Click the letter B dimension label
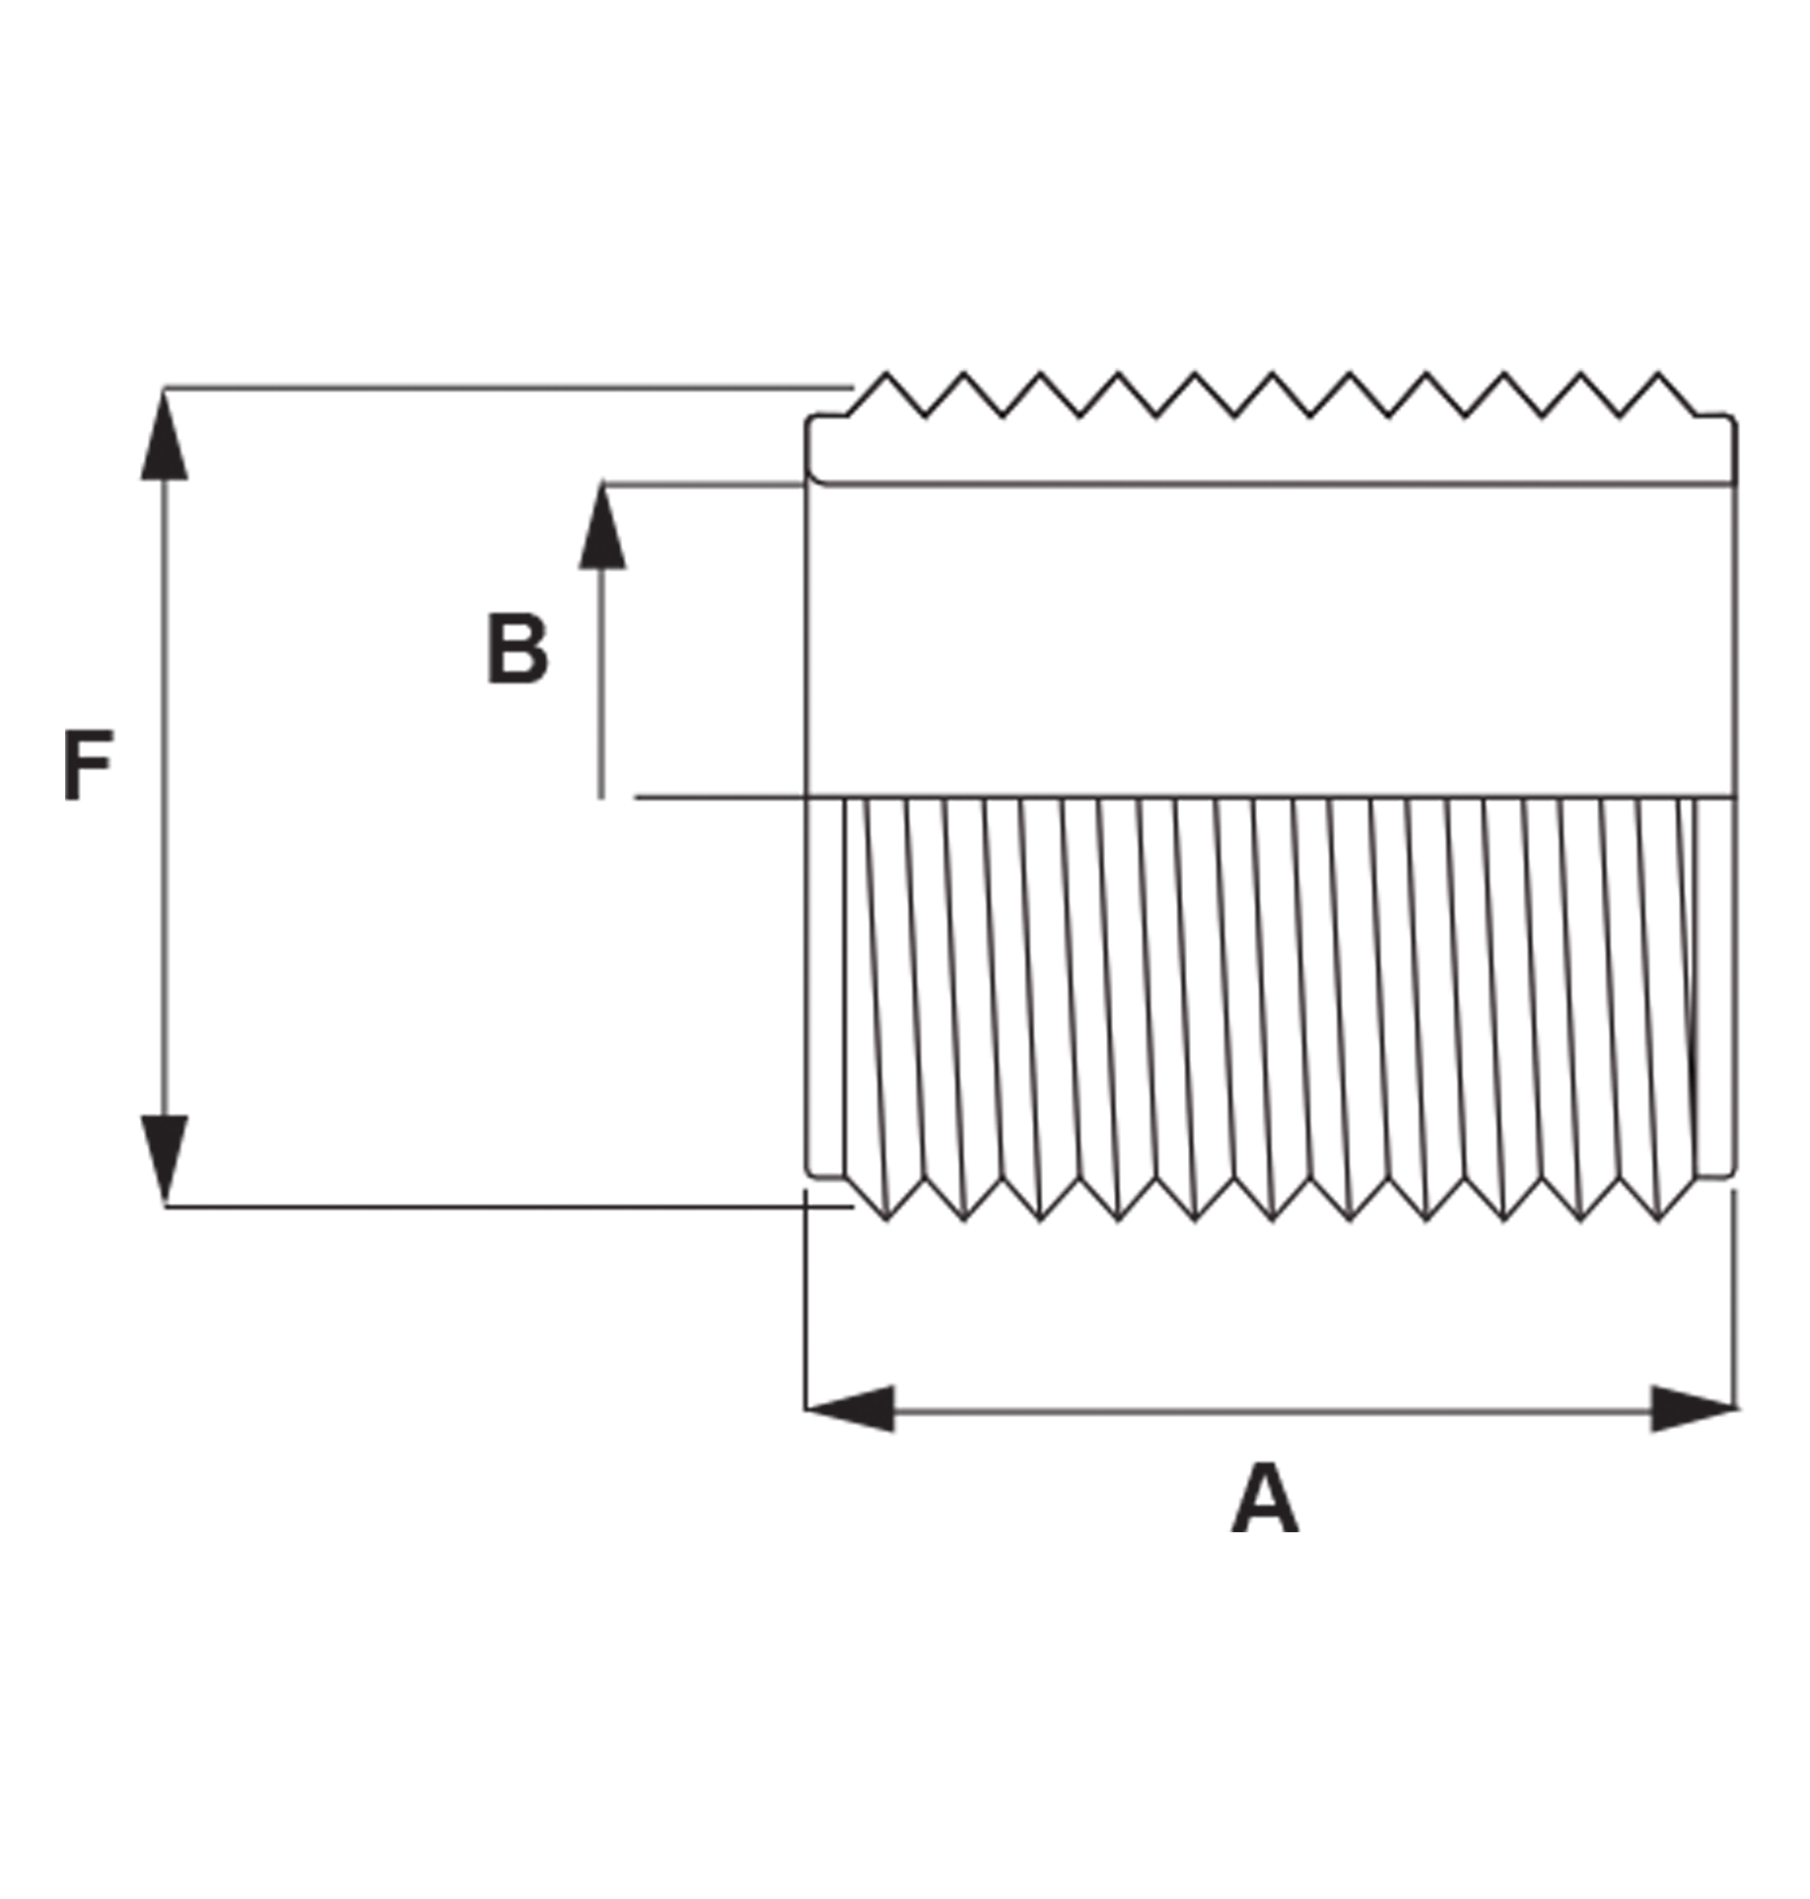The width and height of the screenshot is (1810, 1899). (517, 649)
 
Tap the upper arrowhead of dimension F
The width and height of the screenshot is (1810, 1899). (164, 435)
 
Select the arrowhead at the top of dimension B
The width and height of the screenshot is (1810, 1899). (601, 526)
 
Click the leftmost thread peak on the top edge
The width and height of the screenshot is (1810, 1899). (885, 374)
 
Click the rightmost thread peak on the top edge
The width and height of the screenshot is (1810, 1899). (1658, 374)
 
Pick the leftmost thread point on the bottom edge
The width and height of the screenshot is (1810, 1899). (885, 1221)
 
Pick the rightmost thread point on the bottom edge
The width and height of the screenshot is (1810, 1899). (1658, 1221)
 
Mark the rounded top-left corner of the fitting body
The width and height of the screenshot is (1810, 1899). (810, 420)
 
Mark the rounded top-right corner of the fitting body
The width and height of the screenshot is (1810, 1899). (1732, 420)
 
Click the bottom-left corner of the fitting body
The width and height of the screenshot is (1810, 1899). (809, 1174)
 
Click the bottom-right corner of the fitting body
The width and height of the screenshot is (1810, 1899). (1732, 1174)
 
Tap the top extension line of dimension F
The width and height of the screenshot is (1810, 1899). (508, 388)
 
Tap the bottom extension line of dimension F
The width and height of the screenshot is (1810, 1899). (508, 1206)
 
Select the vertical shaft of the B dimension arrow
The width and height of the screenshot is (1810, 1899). (601, 682)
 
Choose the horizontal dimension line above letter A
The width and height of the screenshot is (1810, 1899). (1272, 1410)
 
